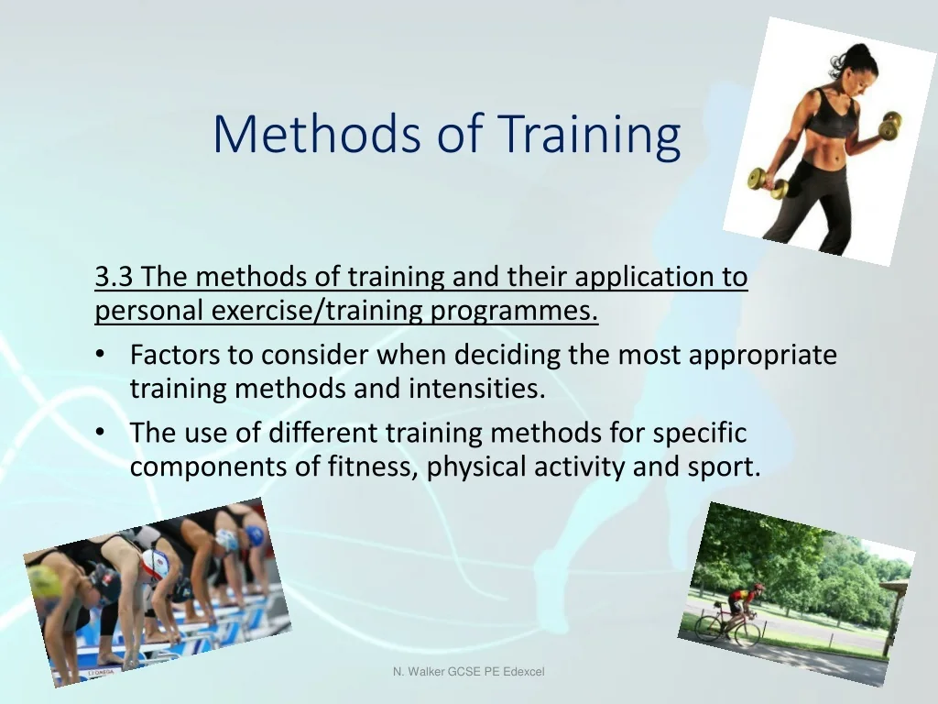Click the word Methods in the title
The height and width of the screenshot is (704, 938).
[317, 134]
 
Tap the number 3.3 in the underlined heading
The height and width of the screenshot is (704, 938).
[114, 277]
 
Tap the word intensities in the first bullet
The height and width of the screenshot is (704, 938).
[476, 389]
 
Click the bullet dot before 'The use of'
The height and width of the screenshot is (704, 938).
[100, 432]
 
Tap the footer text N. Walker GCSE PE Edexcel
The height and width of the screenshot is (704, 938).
[468, 672]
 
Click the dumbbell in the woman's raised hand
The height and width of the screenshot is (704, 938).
[890, 125]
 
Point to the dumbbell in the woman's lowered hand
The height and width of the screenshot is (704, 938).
[768, 183]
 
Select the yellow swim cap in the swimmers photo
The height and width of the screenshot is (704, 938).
[44, 580]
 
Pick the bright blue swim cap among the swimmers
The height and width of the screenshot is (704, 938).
[255, 535]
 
